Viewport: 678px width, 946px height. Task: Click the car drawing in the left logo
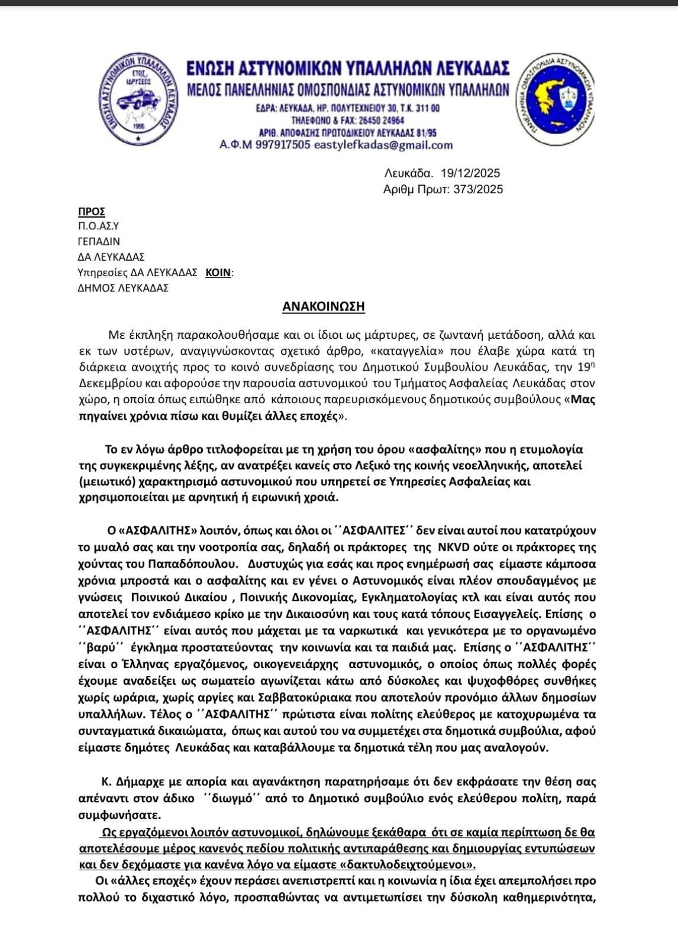click(x=137, y=100)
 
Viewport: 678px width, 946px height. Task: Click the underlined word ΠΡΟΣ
click(x=91, y=212)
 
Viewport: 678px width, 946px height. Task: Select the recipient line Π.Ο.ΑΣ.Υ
click(x=98, y=226)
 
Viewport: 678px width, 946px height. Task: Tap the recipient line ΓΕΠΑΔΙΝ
click(x=99, y=241)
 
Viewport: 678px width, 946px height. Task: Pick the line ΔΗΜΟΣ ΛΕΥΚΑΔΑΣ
click(x=123, y=288)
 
